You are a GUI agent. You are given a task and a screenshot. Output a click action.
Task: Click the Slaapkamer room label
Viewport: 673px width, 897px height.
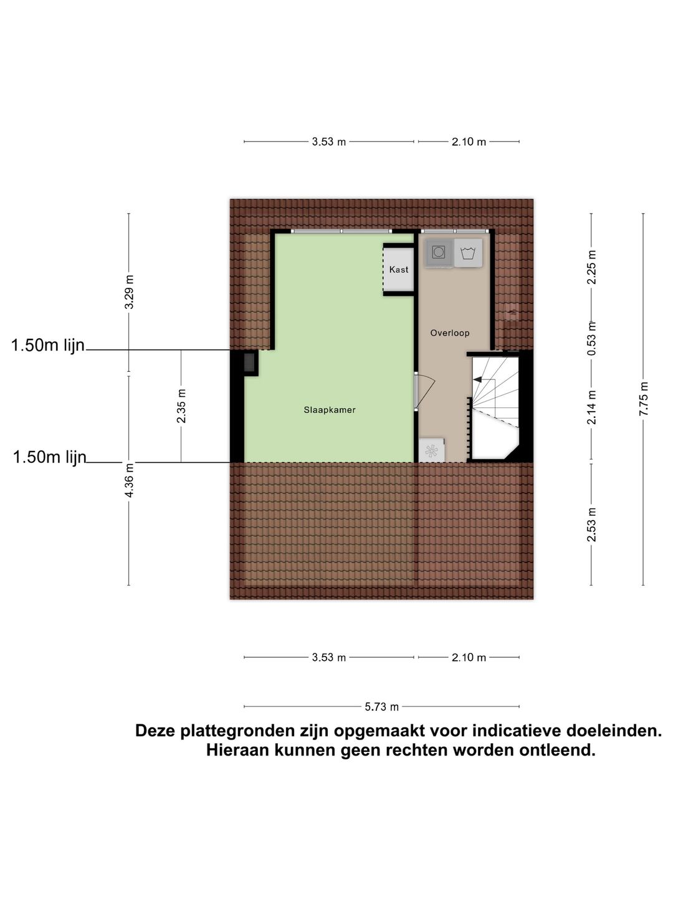(x=330, y=410)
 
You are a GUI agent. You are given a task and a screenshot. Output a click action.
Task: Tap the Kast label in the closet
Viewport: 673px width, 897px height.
(x=399, y=270)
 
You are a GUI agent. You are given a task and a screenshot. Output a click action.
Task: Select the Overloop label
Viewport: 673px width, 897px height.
(x=450, y=333)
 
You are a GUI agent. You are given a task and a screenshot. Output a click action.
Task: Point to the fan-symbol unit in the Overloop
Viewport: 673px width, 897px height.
(x=431, y=450)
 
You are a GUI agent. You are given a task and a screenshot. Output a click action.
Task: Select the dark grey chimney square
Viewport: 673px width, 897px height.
(x=250, y=363)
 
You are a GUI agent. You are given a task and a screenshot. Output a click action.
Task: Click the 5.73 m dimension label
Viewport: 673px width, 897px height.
(x=381, y=707)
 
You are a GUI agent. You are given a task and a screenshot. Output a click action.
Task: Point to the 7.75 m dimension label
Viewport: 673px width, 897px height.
(x=644, y=399)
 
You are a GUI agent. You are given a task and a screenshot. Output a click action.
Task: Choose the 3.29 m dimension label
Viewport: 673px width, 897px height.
(x=129, y=292)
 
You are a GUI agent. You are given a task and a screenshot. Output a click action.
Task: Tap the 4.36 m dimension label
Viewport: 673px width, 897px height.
(x=129, y=480)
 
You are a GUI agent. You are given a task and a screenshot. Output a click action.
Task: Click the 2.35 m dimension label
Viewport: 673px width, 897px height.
(x=181, y=406)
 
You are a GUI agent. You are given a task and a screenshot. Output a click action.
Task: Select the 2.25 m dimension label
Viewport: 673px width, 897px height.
(x=592, y=267)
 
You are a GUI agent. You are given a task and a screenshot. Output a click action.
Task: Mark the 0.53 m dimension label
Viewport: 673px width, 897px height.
(x=592, y=338)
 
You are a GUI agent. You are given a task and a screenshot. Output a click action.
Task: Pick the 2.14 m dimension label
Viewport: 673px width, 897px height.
(x=592, y=407)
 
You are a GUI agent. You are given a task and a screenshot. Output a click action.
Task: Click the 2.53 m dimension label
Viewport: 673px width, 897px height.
(x=592, y=524)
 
